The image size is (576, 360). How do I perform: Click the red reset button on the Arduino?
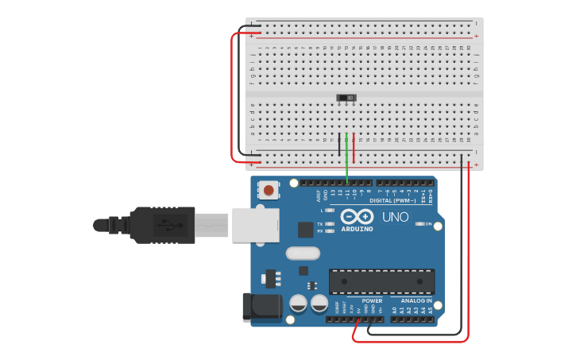pos(270,190)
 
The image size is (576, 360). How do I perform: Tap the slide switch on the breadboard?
pos(346,98)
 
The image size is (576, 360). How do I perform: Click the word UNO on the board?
pos(395,217)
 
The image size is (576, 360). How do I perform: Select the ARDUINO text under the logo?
pos(358,229)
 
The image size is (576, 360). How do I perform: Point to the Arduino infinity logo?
pos(357,216)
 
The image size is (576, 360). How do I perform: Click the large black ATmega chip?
pos(382,281)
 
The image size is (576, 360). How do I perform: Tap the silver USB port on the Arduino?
pos(255,225)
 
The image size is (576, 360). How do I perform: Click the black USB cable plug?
pos(162,225)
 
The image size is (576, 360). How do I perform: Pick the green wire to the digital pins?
pos(346,159)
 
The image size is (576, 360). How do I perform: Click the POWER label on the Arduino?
pos(372,301)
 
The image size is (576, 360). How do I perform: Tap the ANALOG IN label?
pos(416,301)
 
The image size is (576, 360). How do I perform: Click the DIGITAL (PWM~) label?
pos(392,200)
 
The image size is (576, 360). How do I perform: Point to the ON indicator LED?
pos(420,224)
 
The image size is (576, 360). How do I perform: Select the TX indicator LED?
pos(331,224)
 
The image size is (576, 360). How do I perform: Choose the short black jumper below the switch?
pos(339,144)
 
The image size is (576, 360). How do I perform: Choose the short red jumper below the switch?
pos(354,146)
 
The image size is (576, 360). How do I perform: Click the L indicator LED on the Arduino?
pos(331,211)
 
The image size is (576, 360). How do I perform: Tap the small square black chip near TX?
pos(306,229)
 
